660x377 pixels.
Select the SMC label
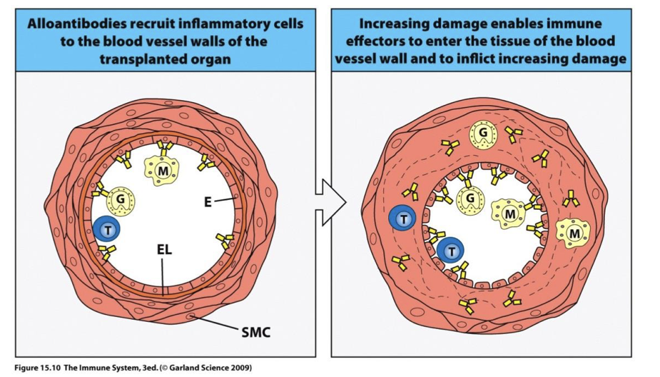tap(255, 331)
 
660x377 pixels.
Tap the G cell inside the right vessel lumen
tap(469, 198)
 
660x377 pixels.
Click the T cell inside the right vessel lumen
tap(450, 251)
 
